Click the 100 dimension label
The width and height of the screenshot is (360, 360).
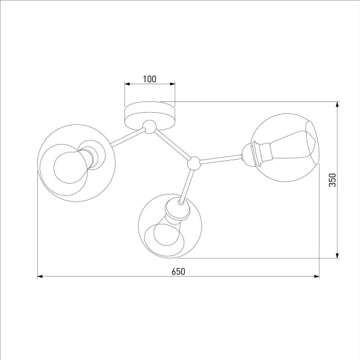[x=149, y=79]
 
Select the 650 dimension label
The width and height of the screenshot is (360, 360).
[x=178, y=271]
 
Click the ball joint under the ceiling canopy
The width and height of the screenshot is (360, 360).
[x=149, y=126]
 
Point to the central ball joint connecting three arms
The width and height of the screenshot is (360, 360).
[x=193, y=162]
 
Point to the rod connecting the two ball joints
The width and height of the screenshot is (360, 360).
[x=172, y=145]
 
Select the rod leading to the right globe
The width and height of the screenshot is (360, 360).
[x=219, y=158]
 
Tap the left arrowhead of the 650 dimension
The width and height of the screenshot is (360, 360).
[x=41, y=277]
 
